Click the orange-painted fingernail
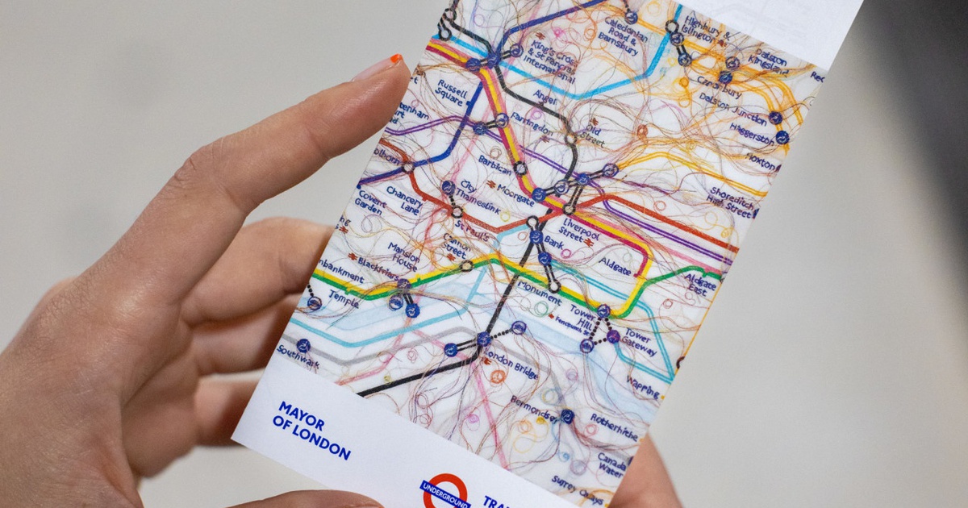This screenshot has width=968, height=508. (x=395, y=60)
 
